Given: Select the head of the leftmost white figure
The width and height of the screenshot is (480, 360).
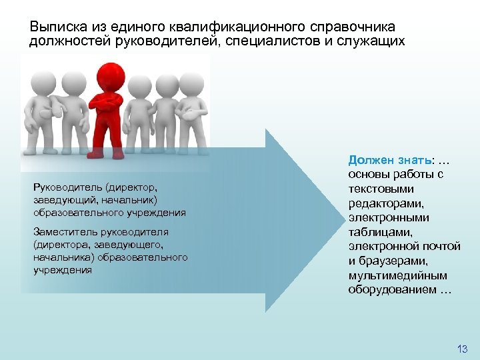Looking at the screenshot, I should pyautogui.click(x=39, y=84).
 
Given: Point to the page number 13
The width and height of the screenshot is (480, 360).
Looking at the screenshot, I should pyautogui.click(x=462, y=349).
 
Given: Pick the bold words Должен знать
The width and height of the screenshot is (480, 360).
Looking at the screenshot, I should pyautogui.click(x=390, y=160).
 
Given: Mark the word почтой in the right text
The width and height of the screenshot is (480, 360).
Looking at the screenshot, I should pyautogui.click(x=442, y=247).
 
